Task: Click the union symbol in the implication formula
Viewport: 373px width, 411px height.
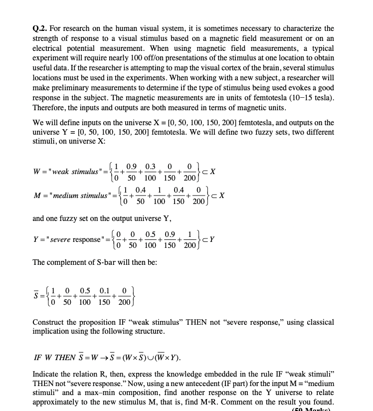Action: [146, 358]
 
